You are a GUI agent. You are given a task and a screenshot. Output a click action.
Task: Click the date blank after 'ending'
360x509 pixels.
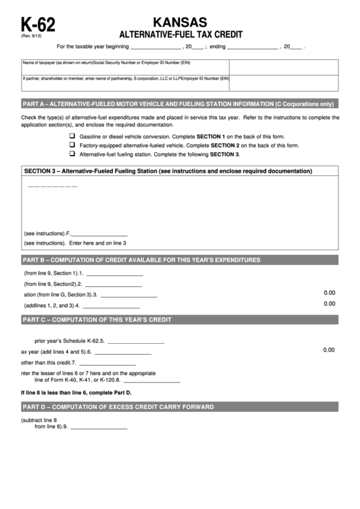point(252,48)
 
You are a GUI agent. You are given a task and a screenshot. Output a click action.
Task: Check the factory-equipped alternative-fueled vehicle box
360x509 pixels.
point(72,145)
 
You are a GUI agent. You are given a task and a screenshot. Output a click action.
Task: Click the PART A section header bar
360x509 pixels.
point(179,104)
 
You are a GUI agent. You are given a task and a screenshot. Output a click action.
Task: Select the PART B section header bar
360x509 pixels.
point(179,260)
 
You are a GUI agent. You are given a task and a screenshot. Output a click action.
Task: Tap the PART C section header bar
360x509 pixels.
point(179,319)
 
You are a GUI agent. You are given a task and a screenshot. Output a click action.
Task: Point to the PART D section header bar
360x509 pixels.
point(179,406)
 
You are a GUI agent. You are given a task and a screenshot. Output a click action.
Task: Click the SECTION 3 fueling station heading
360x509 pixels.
point(179,171)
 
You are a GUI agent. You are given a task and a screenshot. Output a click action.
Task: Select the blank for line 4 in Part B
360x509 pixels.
point(111,306)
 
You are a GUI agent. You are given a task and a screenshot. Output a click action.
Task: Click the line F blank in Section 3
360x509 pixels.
point(99,233)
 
